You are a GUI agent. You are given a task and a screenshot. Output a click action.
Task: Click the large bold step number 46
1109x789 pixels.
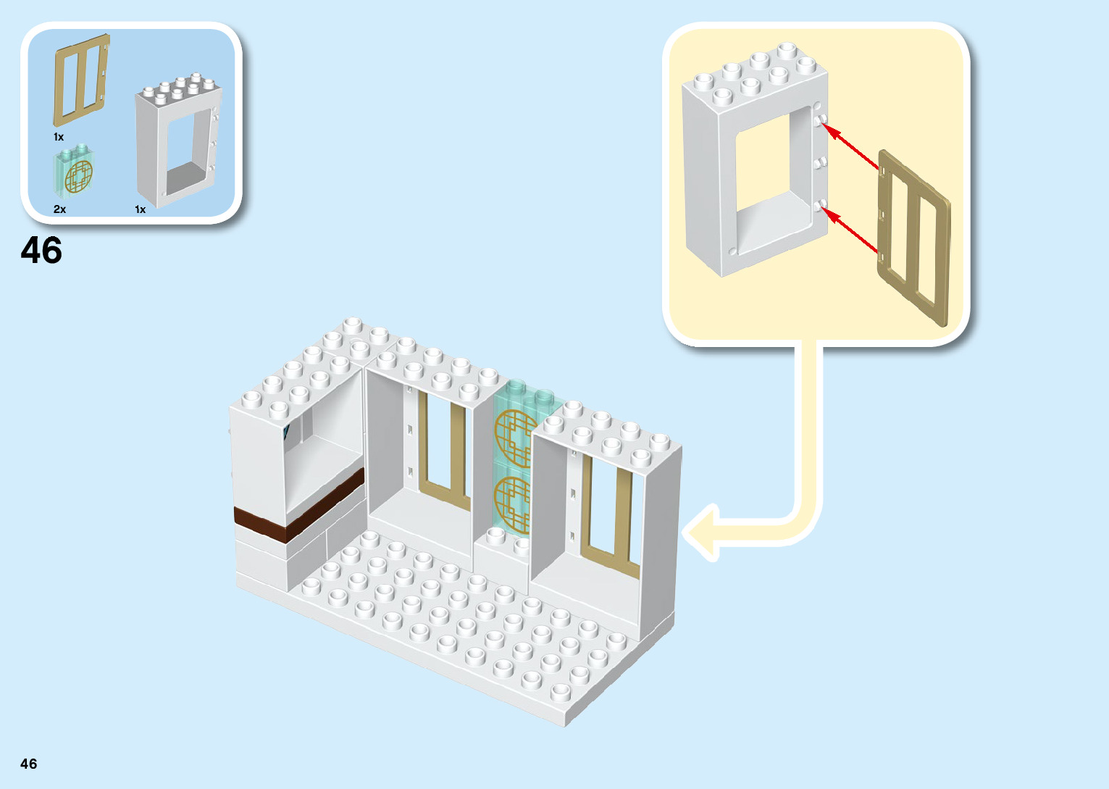41,251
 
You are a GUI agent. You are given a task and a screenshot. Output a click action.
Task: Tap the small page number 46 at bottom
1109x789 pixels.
29,764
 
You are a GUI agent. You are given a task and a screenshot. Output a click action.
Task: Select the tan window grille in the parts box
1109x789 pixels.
81,80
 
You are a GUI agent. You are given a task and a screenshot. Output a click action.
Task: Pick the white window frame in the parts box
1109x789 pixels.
177,145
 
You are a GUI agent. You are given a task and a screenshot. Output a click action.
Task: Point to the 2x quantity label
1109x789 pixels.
59,209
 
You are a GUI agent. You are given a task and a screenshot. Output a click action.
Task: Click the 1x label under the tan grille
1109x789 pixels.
59,137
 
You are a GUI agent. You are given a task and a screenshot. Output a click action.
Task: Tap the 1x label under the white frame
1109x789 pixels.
141,209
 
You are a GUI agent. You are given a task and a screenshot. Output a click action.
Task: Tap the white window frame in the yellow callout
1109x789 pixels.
753,167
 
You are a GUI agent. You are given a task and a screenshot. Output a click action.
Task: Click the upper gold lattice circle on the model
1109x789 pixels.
511,436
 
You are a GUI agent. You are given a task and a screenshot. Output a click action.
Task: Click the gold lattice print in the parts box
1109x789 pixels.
78,177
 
